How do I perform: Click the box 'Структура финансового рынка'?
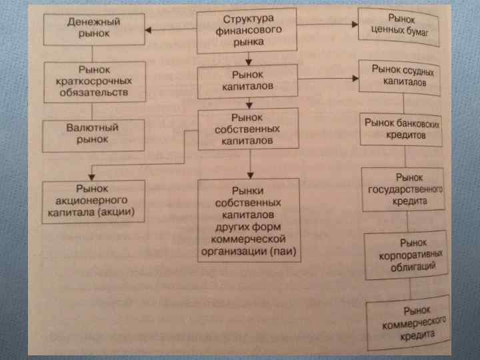(249, 29)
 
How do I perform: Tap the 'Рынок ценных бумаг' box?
(399, 26)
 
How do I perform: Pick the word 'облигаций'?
(415, 266)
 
